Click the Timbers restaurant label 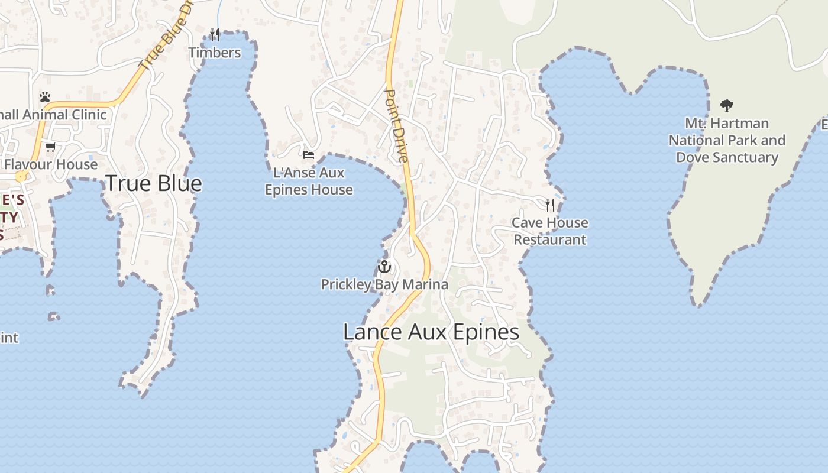[215, 53]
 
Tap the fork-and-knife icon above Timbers [215, 35]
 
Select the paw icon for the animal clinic [45, 96]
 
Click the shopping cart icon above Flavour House [50, 147]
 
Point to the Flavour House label [51, 164]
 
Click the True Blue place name [154, 183]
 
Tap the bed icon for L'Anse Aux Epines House [308, 155]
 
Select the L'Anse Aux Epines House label [309, 182]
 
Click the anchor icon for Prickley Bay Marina [384, 266]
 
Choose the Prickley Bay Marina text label [384, 284]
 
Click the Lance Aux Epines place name [431, 332]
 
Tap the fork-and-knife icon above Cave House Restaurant [550, 205]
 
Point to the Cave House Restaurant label [550, 231]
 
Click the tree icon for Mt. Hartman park [727, 106]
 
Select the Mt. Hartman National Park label [727, 141]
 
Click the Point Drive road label [396, 126]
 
